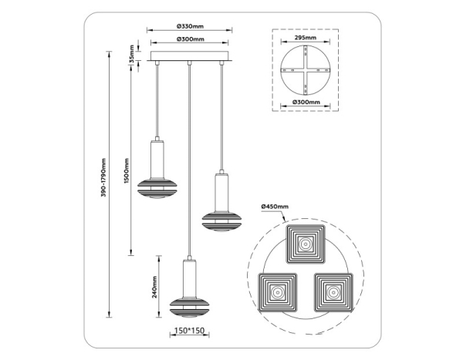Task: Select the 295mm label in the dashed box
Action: point(306,37)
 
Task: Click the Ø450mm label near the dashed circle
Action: point(275,207)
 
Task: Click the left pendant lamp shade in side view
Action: point(157,187)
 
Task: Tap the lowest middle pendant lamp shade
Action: point(190,305)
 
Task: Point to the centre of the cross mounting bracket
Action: point(306,70)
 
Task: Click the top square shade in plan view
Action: point(306,245)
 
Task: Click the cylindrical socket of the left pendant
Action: point(157,159)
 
